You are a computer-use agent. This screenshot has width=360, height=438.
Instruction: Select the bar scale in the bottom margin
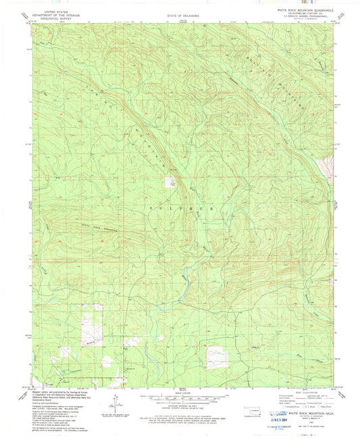[179, 400]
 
